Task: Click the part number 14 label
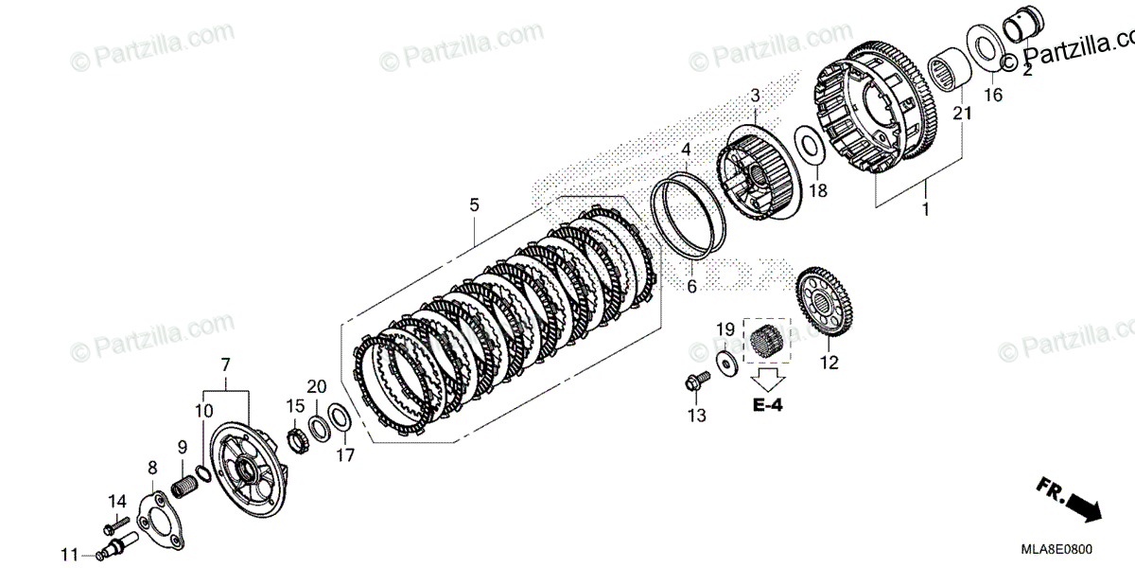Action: coord(116,502)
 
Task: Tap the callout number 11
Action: coord(69,554)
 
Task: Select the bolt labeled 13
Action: coord(693,384)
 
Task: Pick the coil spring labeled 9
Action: coord(187,488)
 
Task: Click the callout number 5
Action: coord(474,204)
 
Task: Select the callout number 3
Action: coord(756,96)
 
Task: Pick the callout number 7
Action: coord(226,364)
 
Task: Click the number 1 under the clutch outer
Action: coord(925,208)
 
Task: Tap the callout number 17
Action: coord(344,455)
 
